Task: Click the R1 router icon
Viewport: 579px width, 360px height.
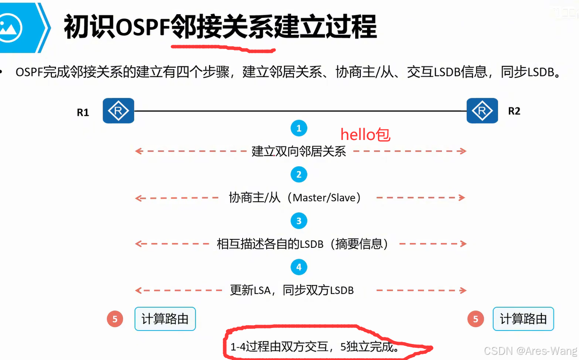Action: point(118,111)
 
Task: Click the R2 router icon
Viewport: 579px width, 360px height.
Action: point(482,111)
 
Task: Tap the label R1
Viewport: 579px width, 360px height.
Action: point(83,113)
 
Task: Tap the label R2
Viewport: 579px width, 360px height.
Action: point(514,111)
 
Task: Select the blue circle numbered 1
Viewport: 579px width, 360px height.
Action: point(299,128)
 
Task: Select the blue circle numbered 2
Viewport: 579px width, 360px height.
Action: point(299,175)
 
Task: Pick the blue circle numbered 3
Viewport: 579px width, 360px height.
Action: point(299,221)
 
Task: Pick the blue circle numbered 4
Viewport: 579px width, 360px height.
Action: point(299,267)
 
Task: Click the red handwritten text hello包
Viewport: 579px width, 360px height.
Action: point(365,135)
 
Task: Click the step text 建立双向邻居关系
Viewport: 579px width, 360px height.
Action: point(299,151)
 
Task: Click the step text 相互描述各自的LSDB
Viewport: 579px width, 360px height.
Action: point(270,244)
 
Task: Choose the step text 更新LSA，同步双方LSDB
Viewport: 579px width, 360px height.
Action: point(292,290)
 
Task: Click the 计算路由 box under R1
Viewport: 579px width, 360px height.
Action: point(165,319)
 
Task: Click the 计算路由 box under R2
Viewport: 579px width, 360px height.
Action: point(523,319)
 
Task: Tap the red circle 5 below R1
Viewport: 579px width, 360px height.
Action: point(114,319)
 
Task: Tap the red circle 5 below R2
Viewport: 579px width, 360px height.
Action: point(475,319)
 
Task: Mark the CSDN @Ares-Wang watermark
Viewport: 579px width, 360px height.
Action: point(530,351)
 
